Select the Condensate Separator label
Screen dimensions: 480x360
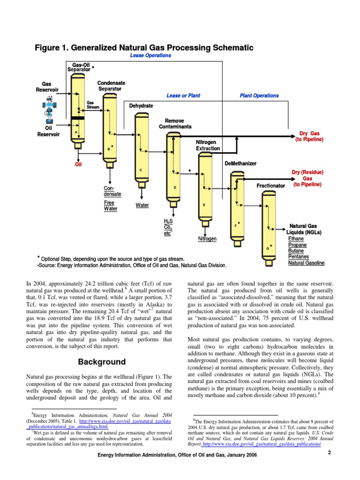(110, 86)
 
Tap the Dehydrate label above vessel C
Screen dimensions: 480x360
(141, 106)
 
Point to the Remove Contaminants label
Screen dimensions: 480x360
(175, 124)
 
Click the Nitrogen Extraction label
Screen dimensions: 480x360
(208, 145)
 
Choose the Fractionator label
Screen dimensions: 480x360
(270, 186)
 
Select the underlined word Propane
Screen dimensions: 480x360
(297, 245)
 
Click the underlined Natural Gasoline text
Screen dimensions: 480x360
(306, 263)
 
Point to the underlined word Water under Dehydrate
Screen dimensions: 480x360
(142, 205)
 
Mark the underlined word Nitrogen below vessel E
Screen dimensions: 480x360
(207, 239)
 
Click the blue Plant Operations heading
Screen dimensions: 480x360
(259, 96)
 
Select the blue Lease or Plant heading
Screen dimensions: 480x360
(183, 96)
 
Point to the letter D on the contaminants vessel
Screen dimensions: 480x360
(174, 187)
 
